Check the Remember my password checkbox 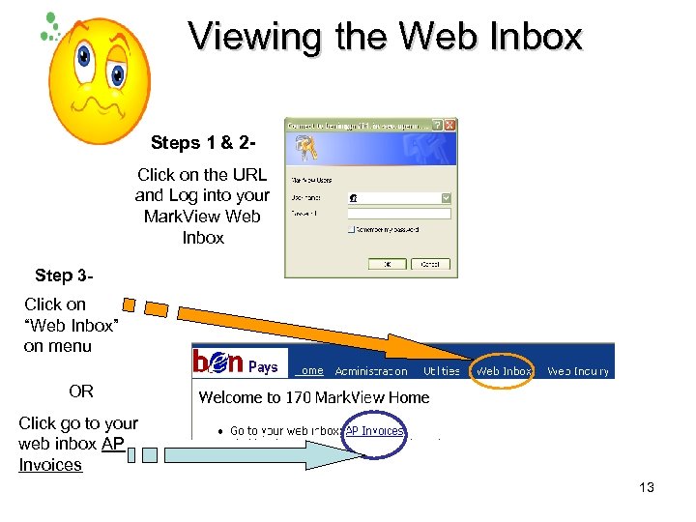tap(351, 230)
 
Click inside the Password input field tap(399, 214)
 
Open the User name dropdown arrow tap(446, 197)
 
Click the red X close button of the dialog tap(450, 126)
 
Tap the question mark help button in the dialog tap(438, 126)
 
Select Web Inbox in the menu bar tap(504, 371)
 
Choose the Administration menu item tap(371, 371)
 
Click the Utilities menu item tap(442, 371)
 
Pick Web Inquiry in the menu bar tap(578, 371)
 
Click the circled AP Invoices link tap(375, 431)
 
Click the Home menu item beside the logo tap(310, 370)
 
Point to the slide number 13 tap(646, 487)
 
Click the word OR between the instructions tap(81, 391)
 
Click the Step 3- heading tap(64, 275)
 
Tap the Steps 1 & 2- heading tap(203, 143)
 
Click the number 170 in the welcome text tap(300, 397)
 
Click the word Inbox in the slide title tap(535, 37)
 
